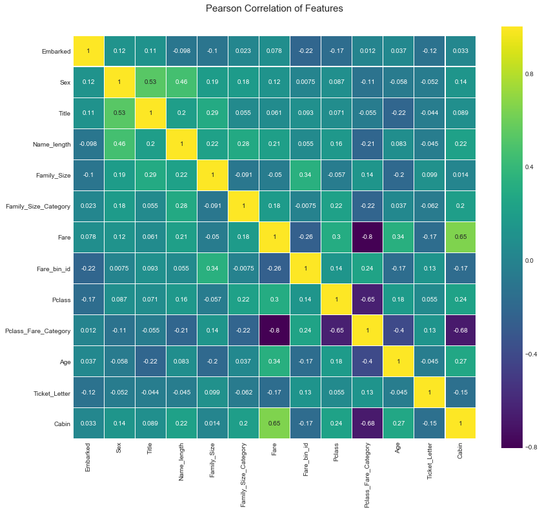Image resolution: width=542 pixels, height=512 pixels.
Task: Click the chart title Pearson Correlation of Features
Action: click(x=274, y=9)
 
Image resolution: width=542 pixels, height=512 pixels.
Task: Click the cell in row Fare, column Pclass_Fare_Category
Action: click(x=367, y=237)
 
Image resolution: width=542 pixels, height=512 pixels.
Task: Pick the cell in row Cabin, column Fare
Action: click(x=275, y=423)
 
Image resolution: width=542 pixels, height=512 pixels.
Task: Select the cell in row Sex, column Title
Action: click(x=151, y=82)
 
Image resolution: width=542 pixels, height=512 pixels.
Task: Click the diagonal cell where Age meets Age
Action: click(x=398, y=361)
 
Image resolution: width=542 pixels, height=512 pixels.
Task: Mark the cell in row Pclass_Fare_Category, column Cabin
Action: click(x=460, y=330)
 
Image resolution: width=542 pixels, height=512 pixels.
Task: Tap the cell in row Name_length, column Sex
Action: click(x=120, y=144)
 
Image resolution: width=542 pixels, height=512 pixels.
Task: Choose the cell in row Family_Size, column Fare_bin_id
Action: click(x=306, y=175)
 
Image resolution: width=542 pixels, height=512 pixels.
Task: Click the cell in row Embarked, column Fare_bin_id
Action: click(x=306, y=51)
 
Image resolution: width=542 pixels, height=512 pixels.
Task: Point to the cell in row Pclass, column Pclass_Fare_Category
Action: click(x=367, y=299)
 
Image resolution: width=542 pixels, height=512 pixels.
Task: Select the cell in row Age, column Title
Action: click(x=151, y=361)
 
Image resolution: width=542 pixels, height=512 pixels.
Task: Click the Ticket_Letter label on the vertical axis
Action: click(x=51, y=392)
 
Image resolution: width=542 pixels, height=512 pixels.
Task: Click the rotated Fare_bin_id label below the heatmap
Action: click(x=306, y=459)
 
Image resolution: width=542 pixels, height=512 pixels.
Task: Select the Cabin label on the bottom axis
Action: click(x=460, y=453)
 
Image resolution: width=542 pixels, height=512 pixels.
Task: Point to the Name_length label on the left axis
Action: click(x=51, y=144)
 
